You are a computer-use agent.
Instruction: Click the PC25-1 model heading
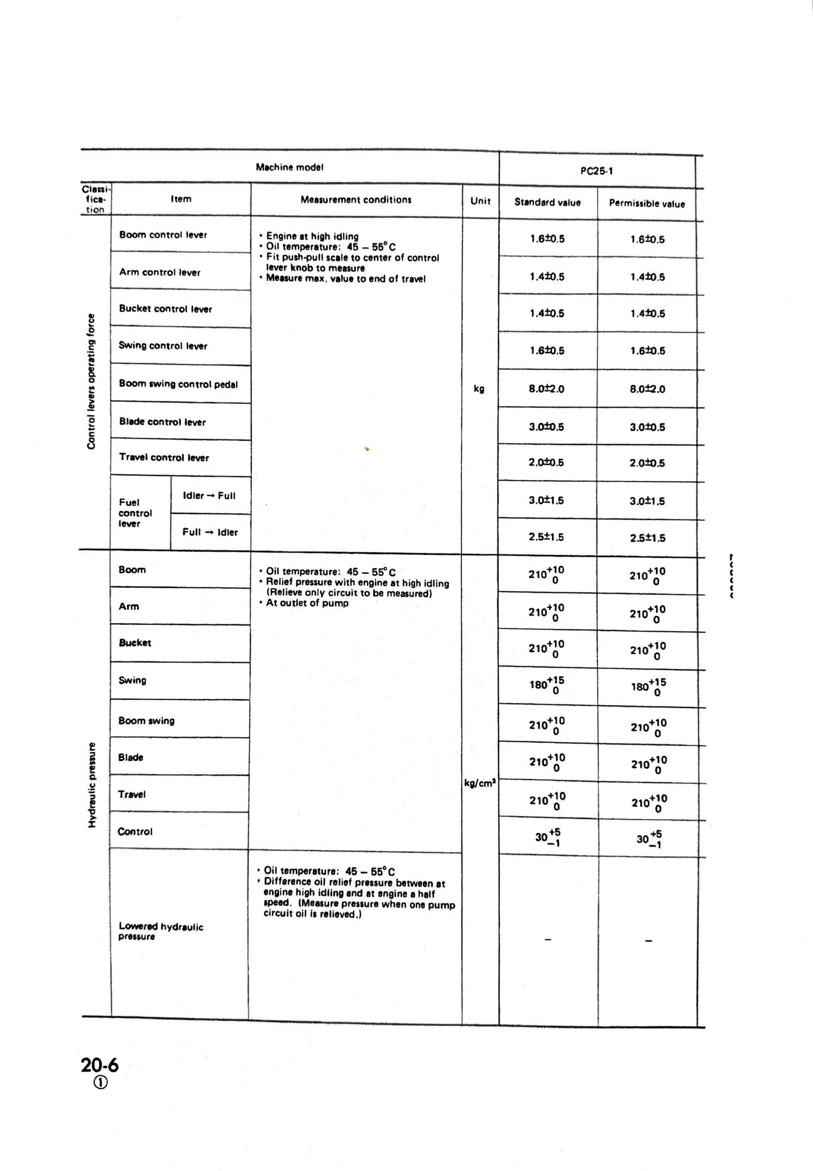[596, 171]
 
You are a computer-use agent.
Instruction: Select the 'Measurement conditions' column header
[356, 200]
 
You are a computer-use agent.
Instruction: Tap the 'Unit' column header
[480, 201]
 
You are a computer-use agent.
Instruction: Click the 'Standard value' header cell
[547, 203]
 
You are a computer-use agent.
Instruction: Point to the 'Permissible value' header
[646, 204]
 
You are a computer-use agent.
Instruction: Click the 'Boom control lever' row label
[163, 235]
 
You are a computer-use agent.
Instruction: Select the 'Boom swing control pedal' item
[178, 384]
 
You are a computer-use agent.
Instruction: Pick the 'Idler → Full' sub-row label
[209, 496]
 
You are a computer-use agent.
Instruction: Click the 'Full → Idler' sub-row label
[210, 532]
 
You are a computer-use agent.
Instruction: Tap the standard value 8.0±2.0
[546, 388]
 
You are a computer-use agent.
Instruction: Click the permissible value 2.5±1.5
[647, 538]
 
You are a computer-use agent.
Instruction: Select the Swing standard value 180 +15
[547, 685]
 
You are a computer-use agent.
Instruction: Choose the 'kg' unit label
[479, 388]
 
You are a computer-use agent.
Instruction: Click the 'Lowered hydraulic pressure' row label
[161, 931]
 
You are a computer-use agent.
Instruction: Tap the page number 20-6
[100, 1065]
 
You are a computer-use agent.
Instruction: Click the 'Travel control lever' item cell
[164, 458]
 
